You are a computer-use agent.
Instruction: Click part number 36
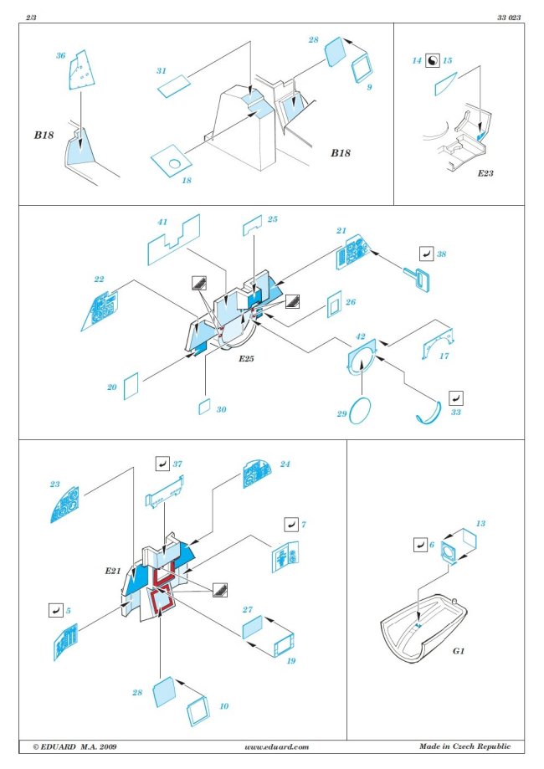click(60, 55)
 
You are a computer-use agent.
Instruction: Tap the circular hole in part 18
click(174, 162)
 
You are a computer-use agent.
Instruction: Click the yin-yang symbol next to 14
click(433, 60)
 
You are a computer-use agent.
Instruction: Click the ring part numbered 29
click(361, 412)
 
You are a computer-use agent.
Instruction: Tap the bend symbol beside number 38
click(425, 253)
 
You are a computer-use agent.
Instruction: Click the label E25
click(244, 359)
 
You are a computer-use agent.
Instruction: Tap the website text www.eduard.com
click(277, 746)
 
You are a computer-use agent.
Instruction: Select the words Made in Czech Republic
click(464, 746)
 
